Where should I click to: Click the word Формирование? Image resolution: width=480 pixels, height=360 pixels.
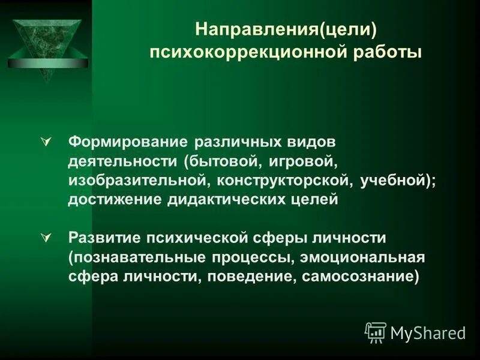(x=128, y=143)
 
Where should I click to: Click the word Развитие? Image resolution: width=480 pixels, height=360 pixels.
(x=104, y=238)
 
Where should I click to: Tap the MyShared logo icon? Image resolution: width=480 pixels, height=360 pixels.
(x=376, y=332)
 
